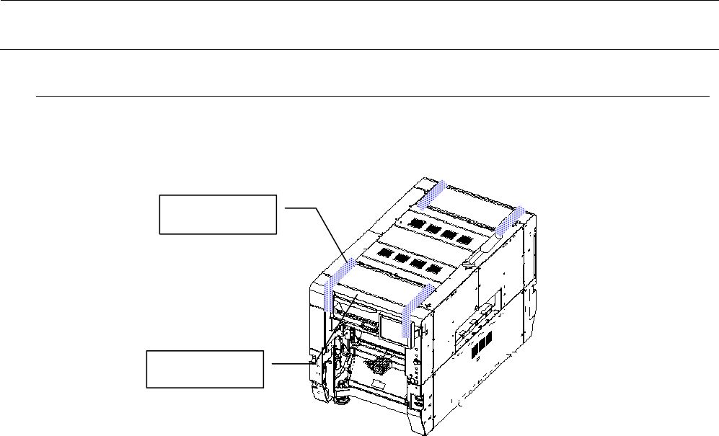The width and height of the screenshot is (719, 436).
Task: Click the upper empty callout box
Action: [x=217, y=213]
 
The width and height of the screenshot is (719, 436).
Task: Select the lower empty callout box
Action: [x=206, y=369]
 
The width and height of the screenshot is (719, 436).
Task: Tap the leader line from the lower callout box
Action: [x=292, y=363]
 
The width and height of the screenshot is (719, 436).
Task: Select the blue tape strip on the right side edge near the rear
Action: [x=510, y=219]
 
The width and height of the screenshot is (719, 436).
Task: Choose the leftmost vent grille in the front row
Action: [x=382, y=254]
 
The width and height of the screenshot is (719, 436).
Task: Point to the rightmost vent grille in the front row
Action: [x=433, y=269]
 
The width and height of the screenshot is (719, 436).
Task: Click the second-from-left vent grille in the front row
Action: [x=399, y=259]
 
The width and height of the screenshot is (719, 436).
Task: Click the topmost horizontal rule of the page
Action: [x=359, y=1]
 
